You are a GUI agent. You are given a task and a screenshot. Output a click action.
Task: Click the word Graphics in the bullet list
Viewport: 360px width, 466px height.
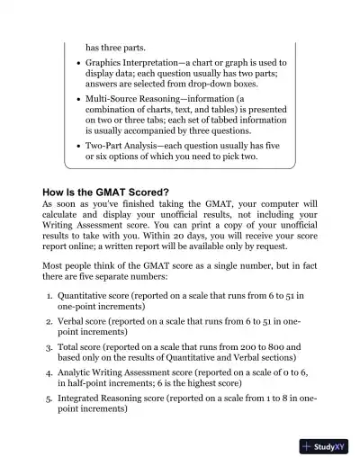click(107, 63)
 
